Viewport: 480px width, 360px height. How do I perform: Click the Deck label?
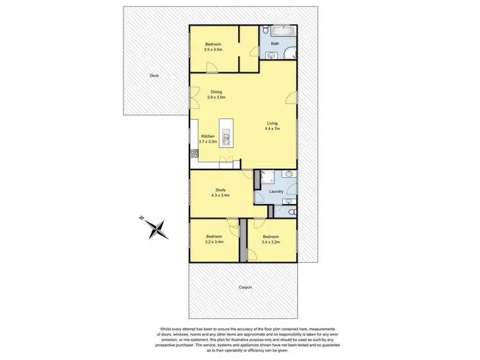(154, 75)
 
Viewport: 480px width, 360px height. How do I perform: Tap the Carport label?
(245, 287)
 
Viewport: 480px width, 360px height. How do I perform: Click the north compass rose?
(156, 228)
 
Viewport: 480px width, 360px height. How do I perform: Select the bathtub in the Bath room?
(281, 31)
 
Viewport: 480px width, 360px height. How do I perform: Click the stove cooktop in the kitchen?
(193, 153)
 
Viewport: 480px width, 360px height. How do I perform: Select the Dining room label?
(217, 92)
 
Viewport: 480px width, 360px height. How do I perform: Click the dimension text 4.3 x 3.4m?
(221, 195)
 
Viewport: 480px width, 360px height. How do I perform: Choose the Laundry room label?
(276, 191)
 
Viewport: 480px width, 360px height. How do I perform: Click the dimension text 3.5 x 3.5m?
(213, 49)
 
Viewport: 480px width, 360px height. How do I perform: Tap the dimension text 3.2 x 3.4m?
(214, 242)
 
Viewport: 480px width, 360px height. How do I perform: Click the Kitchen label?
(208, 136)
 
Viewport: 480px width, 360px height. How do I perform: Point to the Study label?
(220, 189)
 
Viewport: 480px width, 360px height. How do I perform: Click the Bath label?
(275, 44)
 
